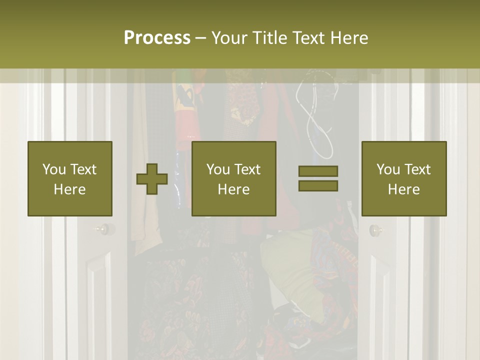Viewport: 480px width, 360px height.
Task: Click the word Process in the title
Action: point(157,38)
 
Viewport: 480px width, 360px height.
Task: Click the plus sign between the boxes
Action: point(152,179)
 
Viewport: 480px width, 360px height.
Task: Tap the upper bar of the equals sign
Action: point(318,171)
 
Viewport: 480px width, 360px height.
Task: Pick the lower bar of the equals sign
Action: point(318,185)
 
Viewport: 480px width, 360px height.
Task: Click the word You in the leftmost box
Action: point(54,169)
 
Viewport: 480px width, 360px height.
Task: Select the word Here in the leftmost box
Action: point(69,189)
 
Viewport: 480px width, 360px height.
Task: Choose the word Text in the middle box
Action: point(247,169)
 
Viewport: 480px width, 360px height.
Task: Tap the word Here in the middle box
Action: point(233,189)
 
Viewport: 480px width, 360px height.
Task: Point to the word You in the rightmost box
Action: point(388,169)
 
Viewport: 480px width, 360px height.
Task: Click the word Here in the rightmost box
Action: point(403,189)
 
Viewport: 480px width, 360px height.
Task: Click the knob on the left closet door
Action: point(102,229)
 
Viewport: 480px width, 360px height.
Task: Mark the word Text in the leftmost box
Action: point(83,169)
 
